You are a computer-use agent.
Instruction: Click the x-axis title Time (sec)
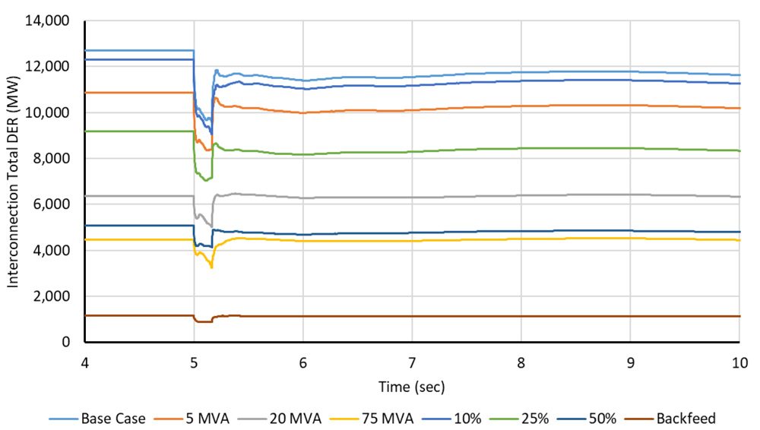(x=412, y=387)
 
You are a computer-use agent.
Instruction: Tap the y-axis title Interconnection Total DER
(x=13, y=182)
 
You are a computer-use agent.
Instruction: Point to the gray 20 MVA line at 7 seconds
(x=412, y=198)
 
